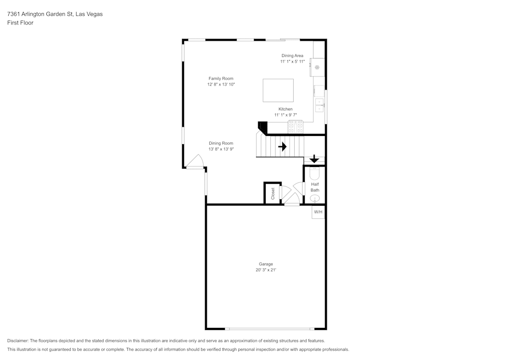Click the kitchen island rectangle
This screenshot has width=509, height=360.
tap(278, 90)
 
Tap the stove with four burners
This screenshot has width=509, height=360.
tap(295, 127)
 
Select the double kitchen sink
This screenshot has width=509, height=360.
tap(319, 105)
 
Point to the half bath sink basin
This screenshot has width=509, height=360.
tap(315, 198)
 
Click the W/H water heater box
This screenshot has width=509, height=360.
tap(318, 211)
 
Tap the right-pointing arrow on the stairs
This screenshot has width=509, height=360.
tap(282, 147)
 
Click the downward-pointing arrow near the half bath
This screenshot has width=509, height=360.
tap(314, 159)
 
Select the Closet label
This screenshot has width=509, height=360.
tap(273, 193)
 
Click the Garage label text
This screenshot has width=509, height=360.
tap(266, 264)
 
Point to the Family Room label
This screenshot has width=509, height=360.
tap(221, 78)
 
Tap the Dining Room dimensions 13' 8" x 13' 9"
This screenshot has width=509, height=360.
tap(221, 149)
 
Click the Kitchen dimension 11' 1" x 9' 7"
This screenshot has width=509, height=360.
tap(286, 115)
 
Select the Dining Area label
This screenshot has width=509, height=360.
tap(293, 56)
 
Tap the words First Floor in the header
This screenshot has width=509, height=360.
tap(20, 23)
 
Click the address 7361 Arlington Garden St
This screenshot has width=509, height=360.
tap(40, 14)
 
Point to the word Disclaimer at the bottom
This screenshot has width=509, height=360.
tap(18, 341)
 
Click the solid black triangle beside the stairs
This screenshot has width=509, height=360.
tap(263, 127)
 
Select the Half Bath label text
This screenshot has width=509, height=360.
tap(315, 187)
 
